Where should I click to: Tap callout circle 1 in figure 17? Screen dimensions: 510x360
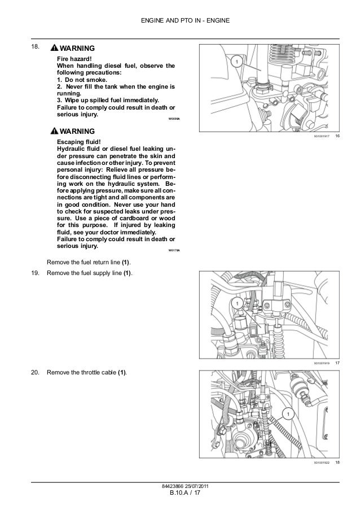tap(237, 304)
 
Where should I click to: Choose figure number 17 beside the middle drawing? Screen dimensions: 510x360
tap(337, 362)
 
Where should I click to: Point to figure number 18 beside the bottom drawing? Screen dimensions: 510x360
tap(337, 463)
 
